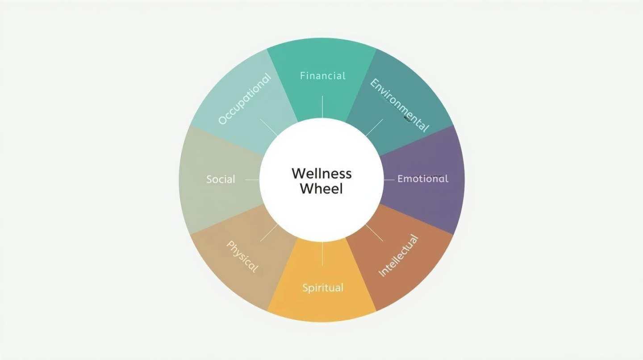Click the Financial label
[322, 76]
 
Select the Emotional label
[422, 179]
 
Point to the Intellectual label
[398, 255]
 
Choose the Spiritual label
[322, 288]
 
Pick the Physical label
[242, 257]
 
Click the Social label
[221, 180]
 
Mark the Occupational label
[245, 99]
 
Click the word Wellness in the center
[321, 173]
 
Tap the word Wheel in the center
[321, 188]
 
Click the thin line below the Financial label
[322, 107]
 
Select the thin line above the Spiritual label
[322, 254]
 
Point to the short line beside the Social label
[252, 180]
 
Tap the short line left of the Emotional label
[389, 180]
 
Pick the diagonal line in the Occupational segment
[269, 127]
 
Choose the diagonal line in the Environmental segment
[374, 127]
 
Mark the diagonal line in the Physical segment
[269, 233]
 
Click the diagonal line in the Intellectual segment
[374, 233]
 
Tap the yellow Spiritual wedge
[322, 308]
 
